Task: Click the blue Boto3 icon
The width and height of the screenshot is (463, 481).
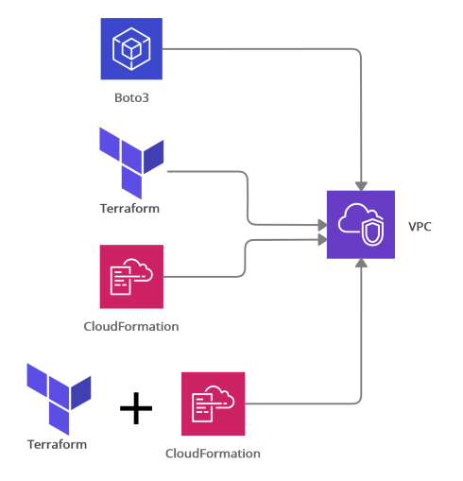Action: pyautogui.click(x=131, y=49)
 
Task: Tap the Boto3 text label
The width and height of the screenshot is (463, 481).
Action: pyautogui.click(x=131, y=98)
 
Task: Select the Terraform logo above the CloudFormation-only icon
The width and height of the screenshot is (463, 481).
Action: pyautogui.click(x=131, y=163)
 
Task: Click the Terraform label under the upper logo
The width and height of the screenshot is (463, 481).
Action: pyautogui.click(x=129, y=209)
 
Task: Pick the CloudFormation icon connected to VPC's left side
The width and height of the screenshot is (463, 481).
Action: pyautogui.click(x=131, y=277)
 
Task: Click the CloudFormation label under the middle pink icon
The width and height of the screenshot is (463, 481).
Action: pyautogui.click(x=131, y=326)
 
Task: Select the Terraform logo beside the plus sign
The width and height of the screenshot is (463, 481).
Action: pyautogui.click(x=59, y=399)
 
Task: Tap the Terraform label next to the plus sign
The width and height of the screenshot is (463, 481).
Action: pyautogui.click(x=57, y=444)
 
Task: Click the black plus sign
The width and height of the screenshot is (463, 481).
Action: pyautogui.click(x=136, y=408)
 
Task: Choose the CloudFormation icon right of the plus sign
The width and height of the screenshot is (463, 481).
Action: pyautogui.click(x=214, y=404)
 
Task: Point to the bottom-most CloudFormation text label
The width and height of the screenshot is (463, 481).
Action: pyautogui.click(x=213, y=454)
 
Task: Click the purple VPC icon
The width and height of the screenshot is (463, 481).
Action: pyautogui.click(x=361, y=225)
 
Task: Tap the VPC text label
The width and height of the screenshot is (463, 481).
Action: pyautogui.click(x=420, y=227)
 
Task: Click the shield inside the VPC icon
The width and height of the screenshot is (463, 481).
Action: pyautogui.click(x=372, y=232)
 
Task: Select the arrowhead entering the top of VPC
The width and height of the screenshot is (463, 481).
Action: pyautogui.click(x=361, y=186)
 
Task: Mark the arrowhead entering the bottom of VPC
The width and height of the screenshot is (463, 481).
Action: pyautogui.click(x=361, y=263)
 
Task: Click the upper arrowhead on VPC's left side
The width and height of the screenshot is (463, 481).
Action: pyautogui.click(x=322, y=225)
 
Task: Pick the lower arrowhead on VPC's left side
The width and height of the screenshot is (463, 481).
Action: pyautogui.click(x=322, y=240)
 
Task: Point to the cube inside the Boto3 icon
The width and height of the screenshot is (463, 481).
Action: pyautogui.click(x=131, y=50)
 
